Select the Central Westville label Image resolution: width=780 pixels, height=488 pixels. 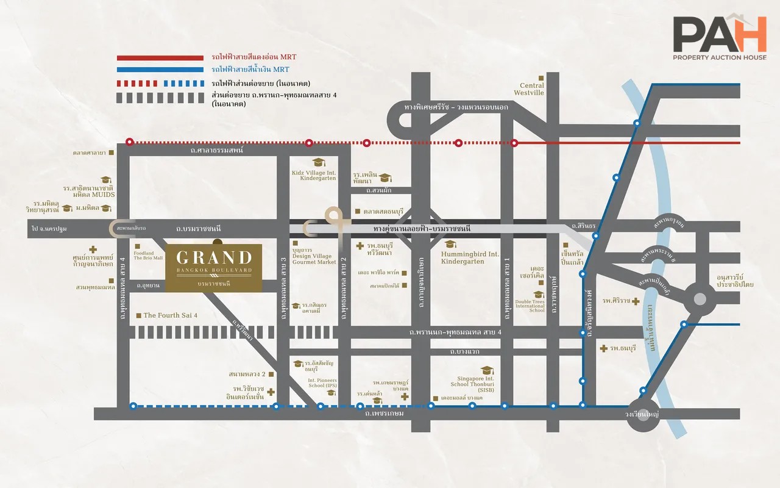(x=531, y=90)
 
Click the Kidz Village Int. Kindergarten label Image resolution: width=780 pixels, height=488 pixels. (x=314, y=176)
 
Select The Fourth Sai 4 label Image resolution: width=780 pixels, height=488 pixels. (x=170, y=315)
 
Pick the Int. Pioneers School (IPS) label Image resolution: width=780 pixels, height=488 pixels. (x=322, y=383)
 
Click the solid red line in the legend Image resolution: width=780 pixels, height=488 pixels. (x=160, y=57)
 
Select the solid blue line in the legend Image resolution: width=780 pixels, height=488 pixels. (x=160, y=70)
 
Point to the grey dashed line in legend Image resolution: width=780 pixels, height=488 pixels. (x=160, y=97)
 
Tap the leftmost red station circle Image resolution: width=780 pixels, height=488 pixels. (x=129, y=142)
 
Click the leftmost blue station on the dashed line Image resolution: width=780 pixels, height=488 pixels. (x=133, y=406)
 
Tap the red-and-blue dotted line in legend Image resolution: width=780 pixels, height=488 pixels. (x=160, y=83)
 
